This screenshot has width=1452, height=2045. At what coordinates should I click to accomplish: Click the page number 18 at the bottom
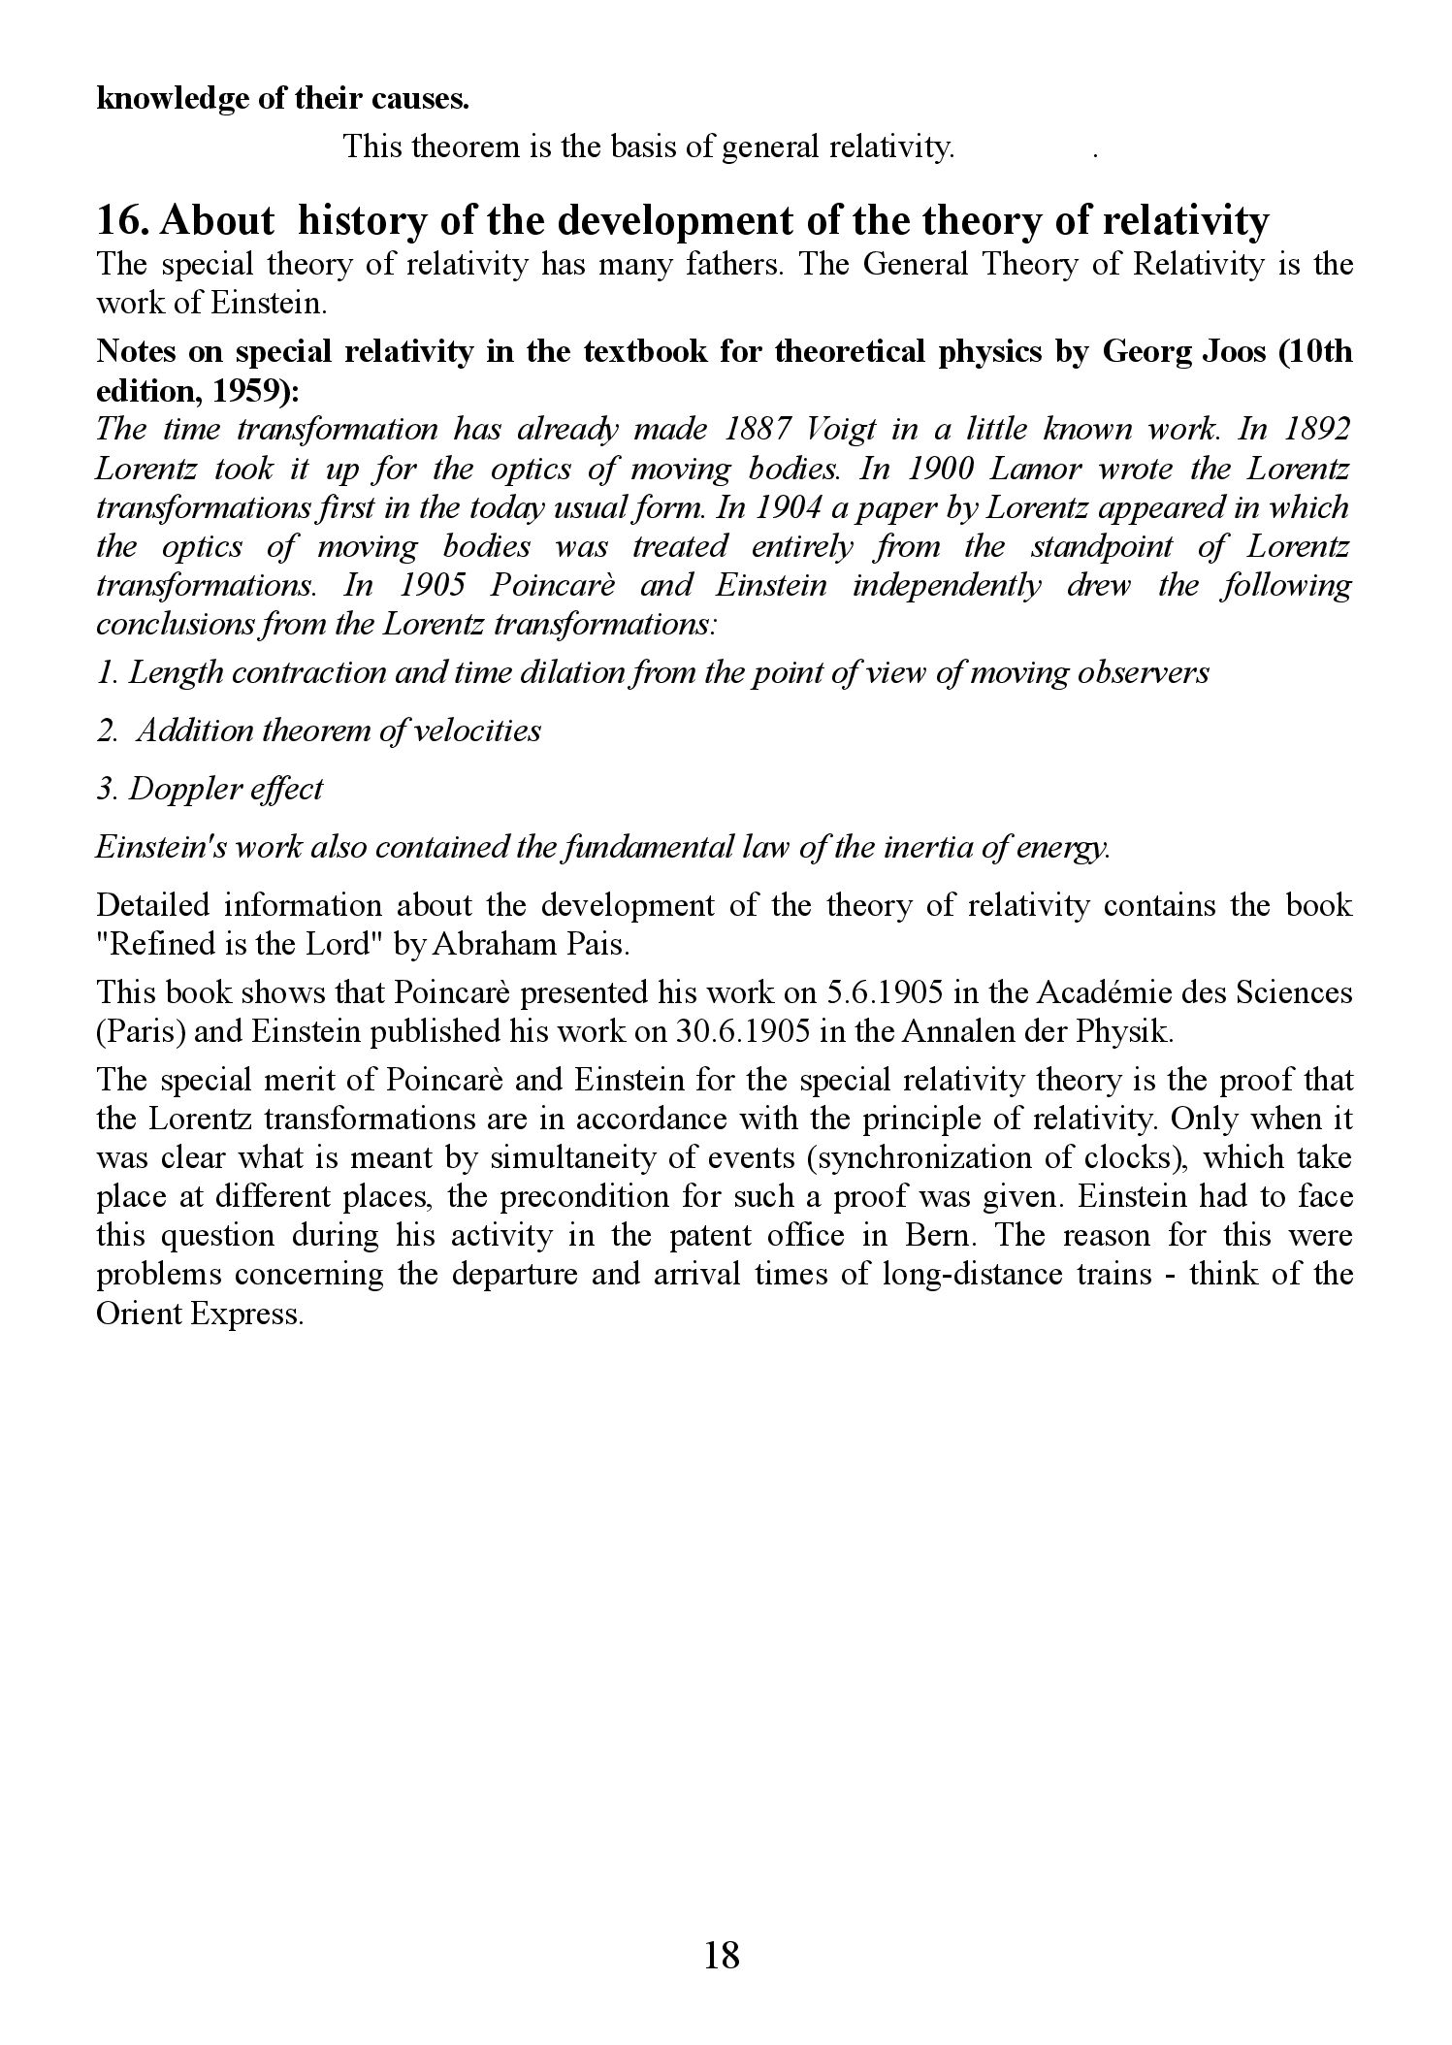pos(723,1954)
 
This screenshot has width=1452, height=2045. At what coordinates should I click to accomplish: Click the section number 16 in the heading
pos(120,221)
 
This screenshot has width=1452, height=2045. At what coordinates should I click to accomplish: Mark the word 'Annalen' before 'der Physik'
pos(958,1032)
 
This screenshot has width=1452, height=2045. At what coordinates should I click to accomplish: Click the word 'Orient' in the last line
pos(144,1314)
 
